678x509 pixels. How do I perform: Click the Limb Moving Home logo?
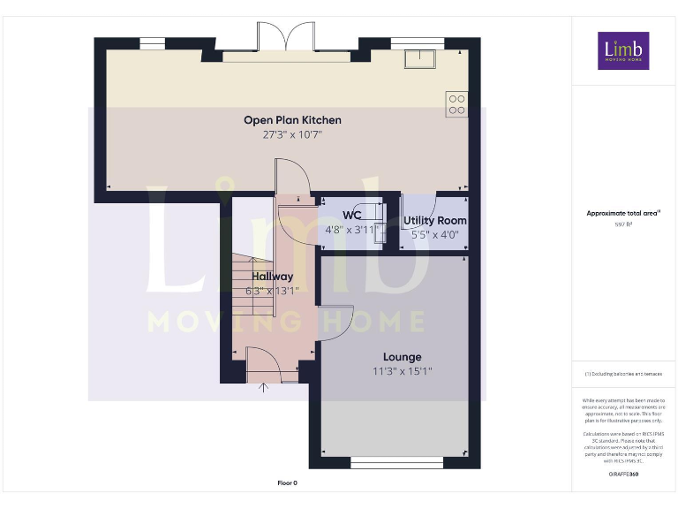click(x=623, y=51)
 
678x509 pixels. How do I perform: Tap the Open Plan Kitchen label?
click(x=292, y=120)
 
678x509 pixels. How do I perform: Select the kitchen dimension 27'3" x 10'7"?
click(x=292, y=134)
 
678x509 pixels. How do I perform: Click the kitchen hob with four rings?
click(x=456, y=104)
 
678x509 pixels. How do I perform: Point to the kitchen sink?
click(x=418, y=58)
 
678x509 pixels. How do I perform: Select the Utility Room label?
click(x=435, y=220)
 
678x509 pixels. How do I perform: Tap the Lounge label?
click(x=402, y=357)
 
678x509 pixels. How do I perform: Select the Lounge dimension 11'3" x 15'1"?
click(x=402, y=371)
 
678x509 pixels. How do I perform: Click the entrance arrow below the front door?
click(x=261, y=386)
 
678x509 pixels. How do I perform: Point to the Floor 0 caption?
click(x=288, y=483)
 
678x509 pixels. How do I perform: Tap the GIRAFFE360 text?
click(x=623, y=475)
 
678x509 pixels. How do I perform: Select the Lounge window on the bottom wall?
click(x=397, y=462)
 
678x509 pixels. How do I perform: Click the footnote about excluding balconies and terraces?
click(x=623, y=374)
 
